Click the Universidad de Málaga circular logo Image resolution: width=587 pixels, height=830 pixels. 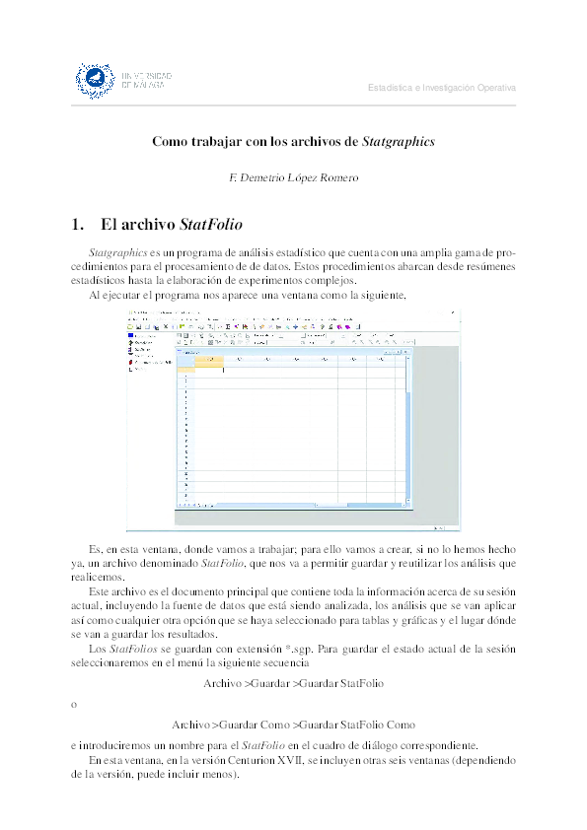95,79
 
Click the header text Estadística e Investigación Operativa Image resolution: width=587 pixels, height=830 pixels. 441,88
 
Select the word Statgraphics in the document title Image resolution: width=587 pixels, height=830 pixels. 399,142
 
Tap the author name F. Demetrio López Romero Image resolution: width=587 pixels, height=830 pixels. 292,178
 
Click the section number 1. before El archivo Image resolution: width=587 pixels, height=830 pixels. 79,224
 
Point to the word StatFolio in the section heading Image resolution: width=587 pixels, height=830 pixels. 211,224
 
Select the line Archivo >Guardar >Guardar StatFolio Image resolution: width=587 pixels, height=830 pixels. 293,682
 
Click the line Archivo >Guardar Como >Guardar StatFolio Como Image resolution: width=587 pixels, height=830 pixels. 293,724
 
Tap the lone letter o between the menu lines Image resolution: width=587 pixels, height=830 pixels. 73,704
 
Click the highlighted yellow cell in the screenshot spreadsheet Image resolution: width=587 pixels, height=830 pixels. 209,360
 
